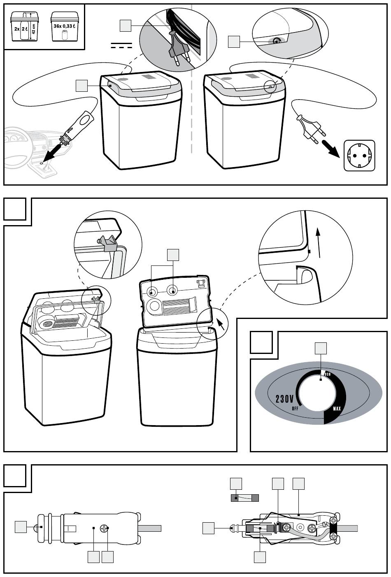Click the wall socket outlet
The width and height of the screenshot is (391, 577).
(x=359, y=155)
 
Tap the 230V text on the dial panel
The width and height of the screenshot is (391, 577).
(x=284, y=399)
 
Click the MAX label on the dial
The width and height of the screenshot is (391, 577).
(x=337, y=409)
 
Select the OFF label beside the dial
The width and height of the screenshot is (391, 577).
(x=295, y=409)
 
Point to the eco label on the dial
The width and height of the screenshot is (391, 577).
(x=327, y=374)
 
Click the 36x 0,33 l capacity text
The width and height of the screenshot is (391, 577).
(x=64, y=26)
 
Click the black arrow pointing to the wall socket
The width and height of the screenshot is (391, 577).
(x=332, y=149)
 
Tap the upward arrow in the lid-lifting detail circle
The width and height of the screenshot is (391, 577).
(x=319, y=242)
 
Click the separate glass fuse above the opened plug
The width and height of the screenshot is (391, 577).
(x=245, y=498)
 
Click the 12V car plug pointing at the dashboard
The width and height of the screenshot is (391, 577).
(x=76, y=127)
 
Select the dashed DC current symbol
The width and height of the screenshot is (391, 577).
(x=121, y=46)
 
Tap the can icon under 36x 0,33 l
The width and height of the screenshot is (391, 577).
(x=64, y=35)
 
